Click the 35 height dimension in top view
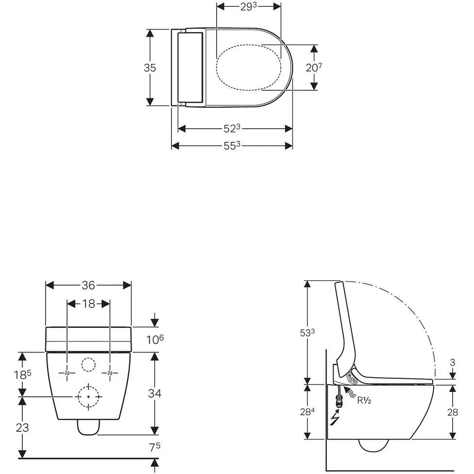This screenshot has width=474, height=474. tap(150, 68)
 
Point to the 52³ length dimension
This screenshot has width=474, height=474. tap(233, 129)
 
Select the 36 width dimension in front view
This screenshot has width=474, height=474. tap(88, 285)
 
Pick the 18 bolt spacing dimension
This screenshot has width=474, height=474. tap(88, 304)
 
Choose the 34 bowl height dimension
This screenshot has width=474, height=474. tap(154, 393)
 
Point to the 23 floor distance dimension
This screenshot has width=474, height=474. tap(22, 428)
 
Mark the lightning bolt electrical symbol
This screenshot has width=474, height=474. tap(335, 418)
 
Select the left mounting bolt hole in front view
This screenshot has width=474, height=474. tap(67, 373)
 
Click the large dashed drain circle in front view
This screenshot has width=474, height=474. tap(88, 396)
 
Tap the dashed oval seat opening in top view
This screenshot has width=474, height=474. tap(248, 68)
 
